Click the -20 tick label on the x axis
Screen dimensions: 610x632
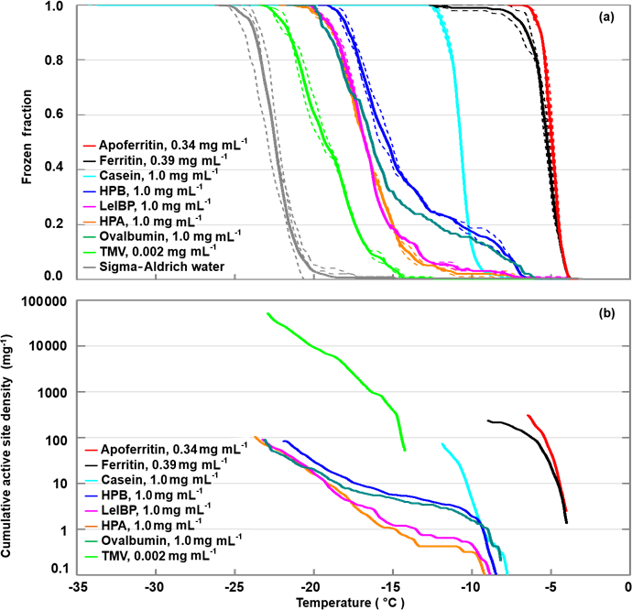[x=313, y=586]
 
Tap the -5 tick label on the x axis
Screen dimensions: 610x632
[x=550, y=586]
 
